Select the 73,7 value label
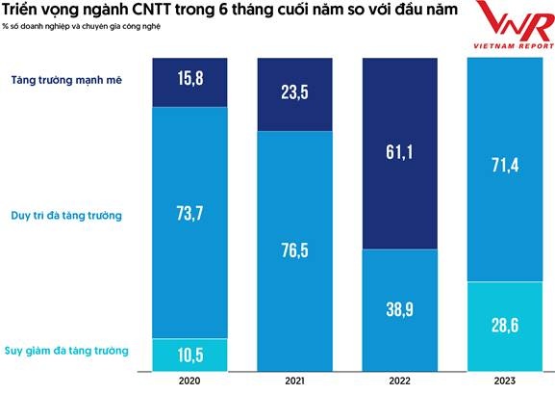coord(189,214)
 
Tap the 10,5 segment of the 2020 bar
coord(189,353)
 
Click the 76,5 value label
coord(294,252)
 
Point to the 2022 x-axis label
coord(399,381)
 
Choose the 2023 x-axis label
coord(505,381)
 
